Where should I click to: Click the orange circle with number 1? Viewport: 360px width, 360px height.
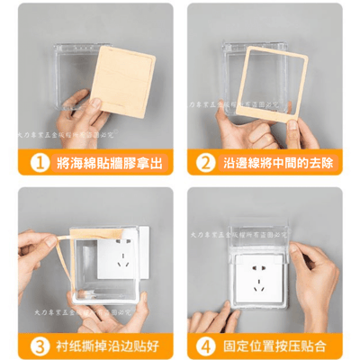36,162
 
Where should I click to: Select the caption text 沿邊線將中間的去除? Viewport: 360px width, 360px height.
278,162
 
